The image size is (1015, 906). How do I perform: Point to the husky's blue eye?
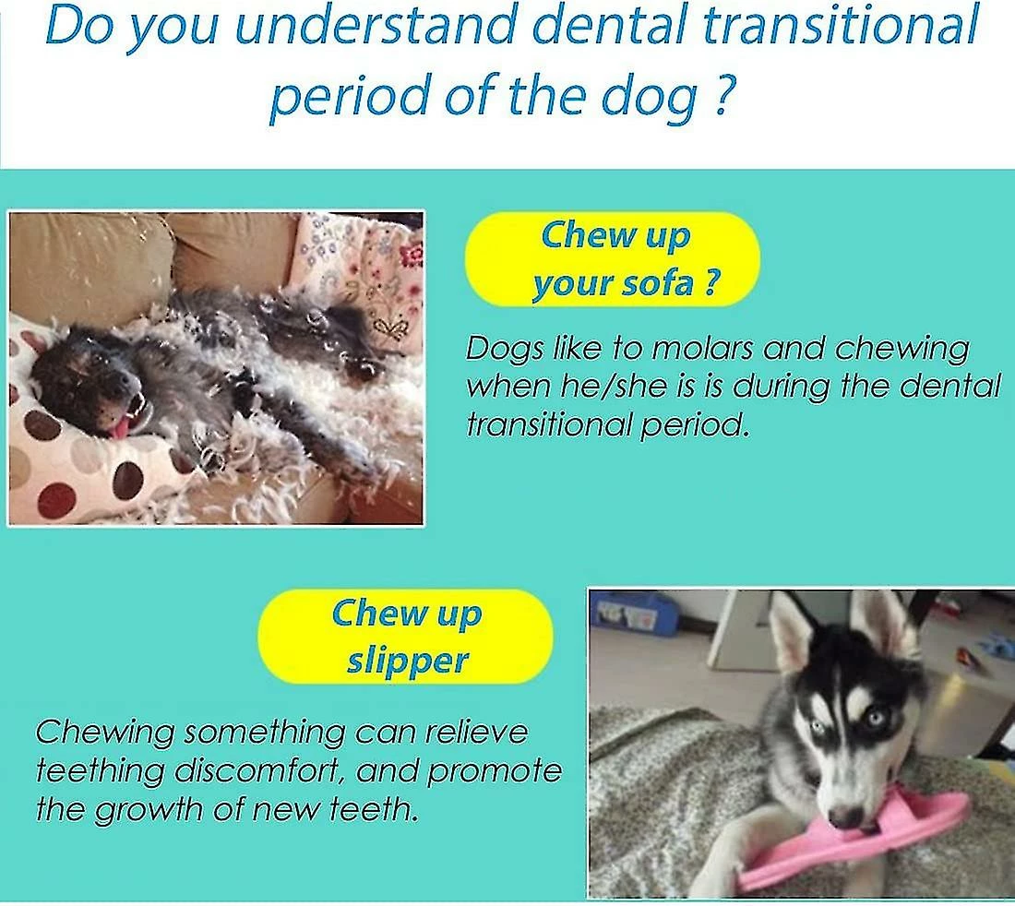pyautogui.click(x=875, y=718)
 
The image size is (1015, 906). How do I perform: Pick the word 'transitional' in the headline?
pyautogui.click(x=841, y=27)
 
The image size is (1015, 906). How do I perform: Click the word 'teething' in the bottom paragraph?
pyautogui.click(x=98, y=772)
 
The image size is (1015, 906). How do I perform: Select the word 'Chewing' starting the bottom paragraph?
pyautogui.click(x=104, y=733)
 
